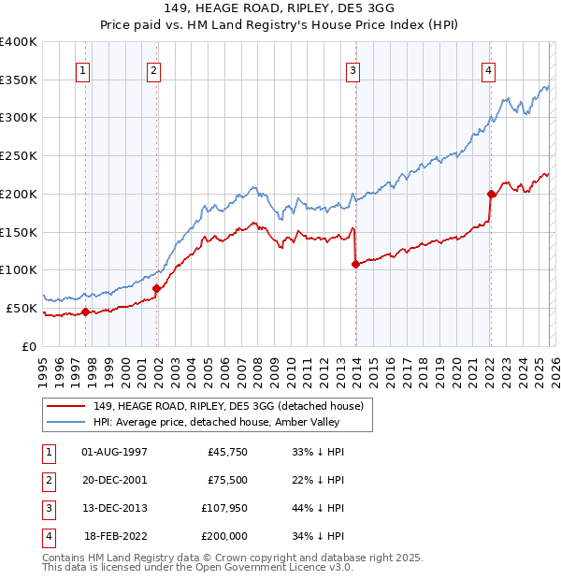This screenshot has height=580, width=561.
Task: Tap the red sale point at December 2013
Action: (x=355, y=264)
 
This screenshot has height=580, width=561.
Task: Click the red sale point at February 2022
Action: (x=491, y=194)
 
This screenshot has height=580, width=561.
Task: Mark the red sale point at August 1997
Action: (x=85, y=312)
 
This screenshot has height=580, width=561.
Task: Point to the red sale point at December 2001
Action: (x=156, y=289)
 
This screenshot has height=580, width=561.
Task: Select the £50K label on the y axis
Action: (x=22, y=308)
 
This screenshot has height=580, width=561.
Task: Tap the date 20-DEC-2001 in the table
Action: (x=115, y=479)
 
